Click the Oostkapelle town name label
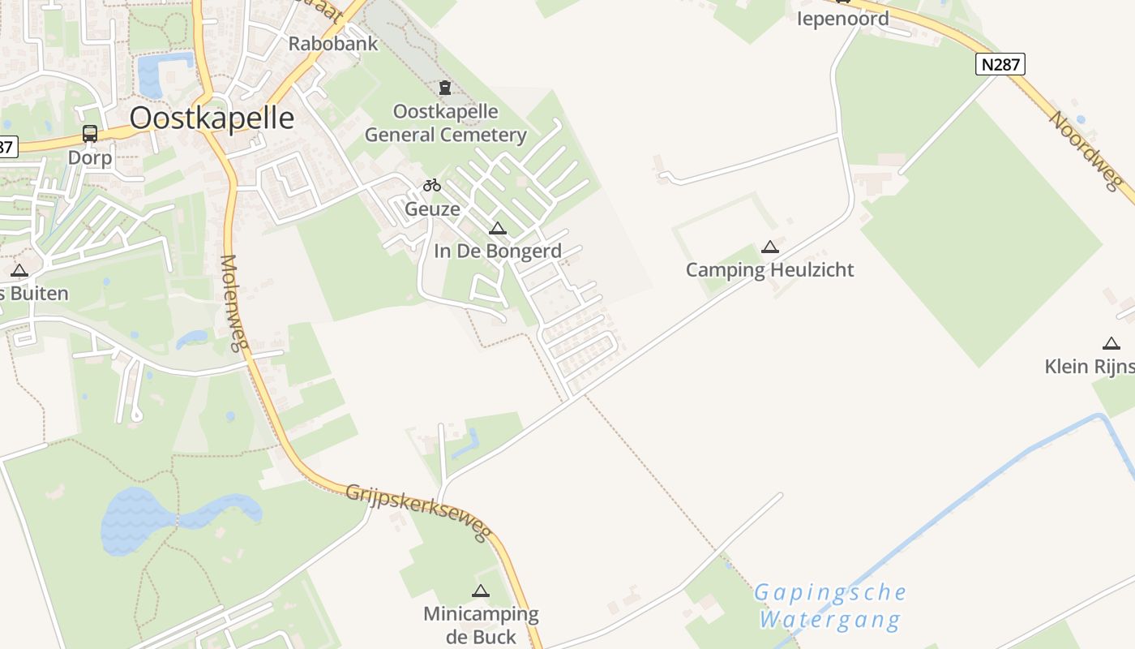coord(212,118)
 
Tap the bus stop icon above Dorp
coord(90,134)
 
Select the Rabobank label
coord(333,44)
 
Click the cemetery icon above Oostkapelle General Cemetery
coord(444,88)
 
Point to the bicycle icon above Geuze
coord(432,186)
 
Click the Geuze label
coord(432,209)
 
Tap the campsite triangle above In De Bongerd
coord(498,229)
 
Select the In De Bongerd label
coord(498,251)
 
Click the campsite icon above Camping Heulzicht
coord(770,247)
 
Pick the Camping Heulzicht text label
coord(770,270)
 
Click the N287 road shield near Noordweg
coord(1000,64)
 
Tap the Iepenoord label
coord(843,19)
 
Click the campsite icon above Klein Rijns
coord(1111,344)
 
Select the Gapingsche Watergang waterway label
coord(830,606)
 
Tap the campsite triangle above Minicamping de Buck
coord(481,591)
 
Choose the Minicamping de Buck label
coord(481,625)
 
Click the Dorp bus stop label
coord(90,157)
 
